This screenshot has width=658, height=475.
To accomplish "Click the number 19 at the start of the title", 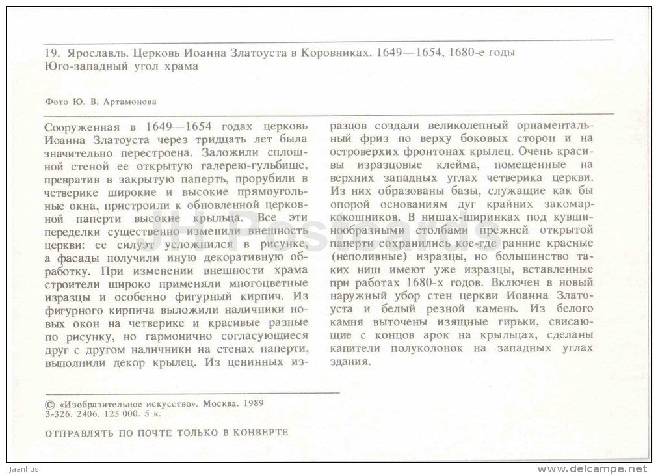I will tap(51, 55).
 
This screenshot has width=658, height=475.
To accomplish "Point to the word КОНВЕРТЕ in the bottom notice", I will tap(264, 431).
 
